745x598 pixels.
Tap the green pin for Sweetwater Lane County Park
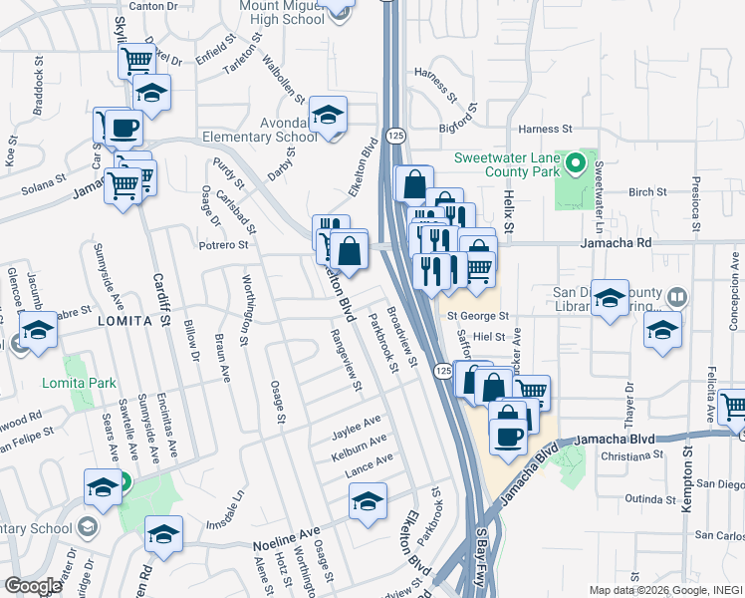[x=574, y=162]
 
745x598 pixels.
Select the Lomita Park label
[x=80, y=383]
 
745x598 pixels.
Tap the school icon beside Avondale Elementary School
[x=327, y=116]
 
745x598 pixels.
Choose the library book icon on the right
[x=676, y=297]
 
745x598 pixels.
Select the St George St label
[x=477, y=316]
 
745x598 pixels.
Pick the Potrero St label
[x=222, y=244]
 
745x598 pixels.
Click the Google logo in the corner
[x=32, y=586]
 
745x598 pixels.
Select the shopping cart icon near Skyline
[x=136, y=60]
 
